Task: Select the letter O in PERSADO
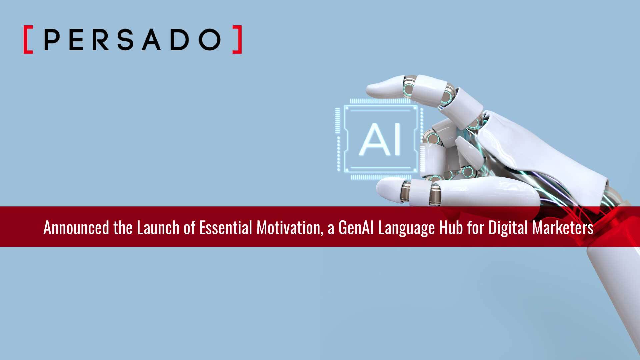click(210, 39)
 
